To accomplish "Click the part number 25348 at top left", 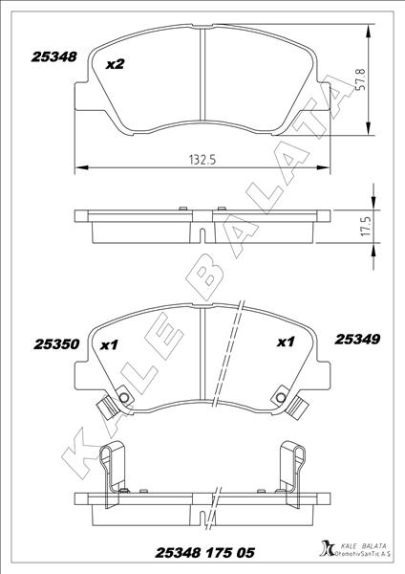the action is [x=54, y=56].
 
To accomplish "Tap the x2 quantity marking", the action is [x=116, y=64].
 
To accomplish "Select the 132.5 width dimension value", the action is [x=202, y=160].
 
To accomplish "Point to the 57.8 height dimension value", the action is [x=361, y=79].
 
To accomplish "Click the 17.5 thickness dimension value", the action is [x=367, y=226].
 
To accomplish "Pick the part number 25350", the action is [x=56, y=344].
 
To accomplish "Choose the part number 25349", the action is [x=357, y=340].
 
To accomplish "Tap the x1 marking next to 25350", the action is [x=109, y=344].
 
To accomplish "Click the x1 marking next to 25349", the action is [x=286, y=342].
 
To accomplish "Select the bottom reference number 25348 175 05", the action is [x=204, y=552].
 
